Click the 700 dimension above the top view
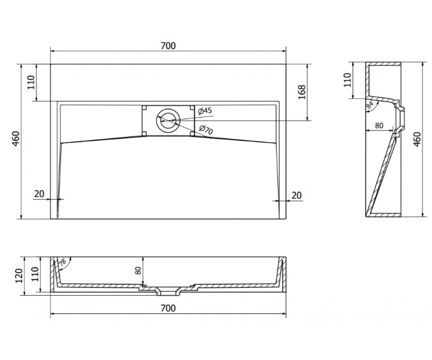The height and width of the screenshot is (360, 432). click(168, 46)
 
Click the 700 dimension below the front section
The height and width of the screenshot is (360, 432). click(168, 308)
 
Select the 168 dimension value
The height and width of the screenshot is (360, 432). click(302, 92)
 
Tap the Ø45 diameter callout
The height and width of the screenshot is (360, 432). click(205, 111)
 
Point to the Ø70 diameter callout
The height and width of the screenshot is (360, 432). click(206, 130)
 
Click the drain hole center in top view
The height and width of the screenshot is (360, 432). click(168, 120)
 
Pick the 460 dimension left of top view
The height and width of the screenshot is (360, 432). click(16, 139)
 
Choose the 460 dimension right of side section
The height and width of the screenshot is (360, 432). click(417, 139)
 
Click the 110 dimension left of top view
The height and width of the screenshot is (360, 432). click(31, 82)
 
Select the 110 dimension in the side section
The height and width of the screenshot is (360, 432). click(347, 80)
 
